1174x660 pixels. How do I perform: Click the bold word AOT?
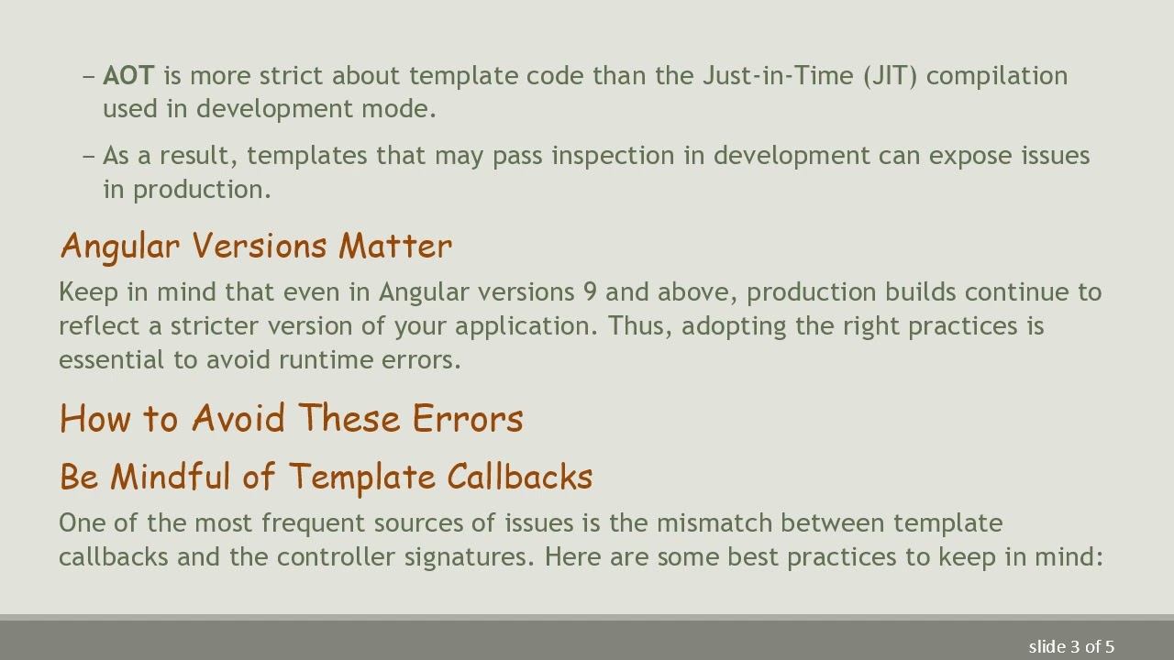click(x=128, y=75)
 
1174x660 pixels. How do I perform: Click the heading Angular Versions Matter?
click(x=256, y=246)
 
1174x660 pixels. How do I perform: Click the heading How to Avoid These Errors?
click(x=291, y=418)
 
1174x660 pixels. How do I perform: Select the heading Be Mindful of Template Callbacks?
click(x=326, y=477)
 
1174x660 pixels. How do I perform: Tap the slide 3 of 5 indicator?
click(x=1071, y=646)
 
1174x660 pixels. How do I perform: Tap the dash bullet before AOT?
click(x=89, y=76)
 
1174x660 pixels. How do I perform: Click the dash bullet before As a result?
click(x=89, y=156)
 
